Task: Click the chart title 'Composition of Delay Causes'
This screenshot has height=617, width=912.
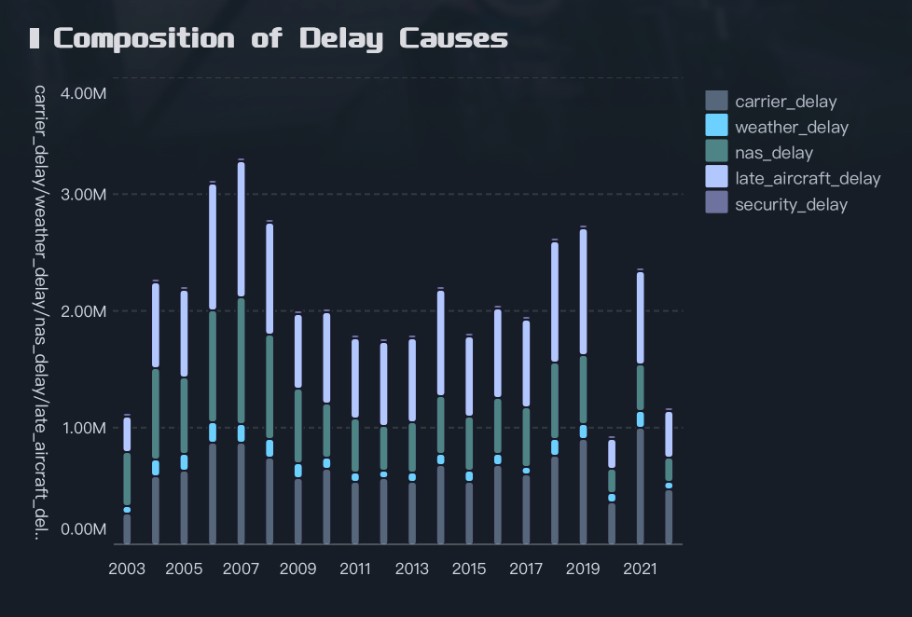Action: click(x=281, y=38)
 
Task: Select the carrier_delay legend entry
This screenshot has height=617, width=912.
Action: click(x=785, y=102)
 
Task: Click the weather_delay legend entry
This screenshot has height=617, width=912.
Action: click(x=791, y=127)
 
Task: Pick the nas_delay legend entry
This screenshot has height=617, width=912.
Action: click(x=773, y=153)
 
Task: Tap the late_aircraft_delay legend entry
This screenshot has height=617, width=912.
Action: click(x=807, y=178)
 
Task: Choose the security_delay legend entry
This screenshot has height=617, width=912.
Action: click(x=791, y=204)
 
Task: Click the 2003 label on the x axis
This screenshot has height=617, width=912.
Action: click(x=127, y=569)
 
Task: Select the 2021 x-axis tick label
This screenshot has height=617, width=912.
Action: click(x=640, y=569)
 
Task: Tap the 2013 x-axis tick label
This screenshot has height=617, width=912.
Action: click(x=412, y=569)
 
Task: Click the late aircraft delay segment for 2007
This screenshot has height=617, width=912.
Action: click(x=242, y=229)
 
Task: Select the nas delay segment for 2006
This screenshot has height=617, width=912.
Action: click(x=213, y=366)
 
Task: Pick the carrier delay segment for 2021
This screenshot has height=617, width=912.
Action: click(x=640, y=486)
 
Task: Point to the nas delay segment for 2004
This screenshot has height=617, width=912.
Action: click(x=156, y=414)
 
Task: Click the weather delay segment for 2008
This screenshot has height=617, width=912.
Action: click(x=269, y=448)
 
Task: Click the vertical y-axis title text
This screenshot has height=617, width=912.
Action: click(x=39, y=313)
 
